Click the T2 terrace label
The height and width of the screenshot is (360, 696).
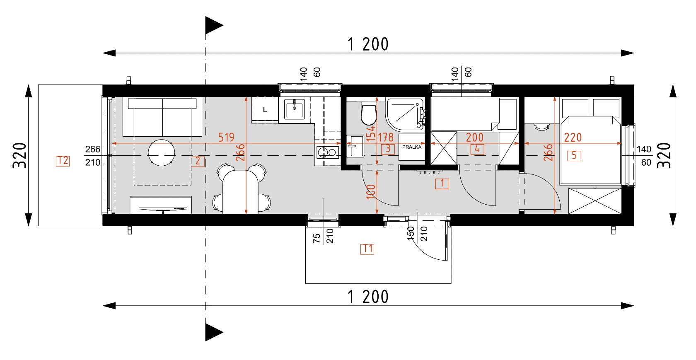(63, 161)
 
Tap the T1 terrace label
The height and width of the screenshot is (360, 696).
(367, 249)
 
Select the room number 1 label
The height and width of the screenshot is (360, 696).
(442, 184)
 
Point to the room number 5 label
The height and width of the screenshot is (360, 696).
(574, 155)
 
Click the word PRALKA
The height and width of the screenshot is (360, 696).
(412, 147)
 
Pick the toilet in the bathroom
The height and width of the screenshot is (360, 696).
(369, 115)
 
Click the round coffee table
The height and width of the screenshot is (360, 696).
(161, 152)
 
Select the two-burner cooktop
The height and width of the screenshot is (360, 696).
(327, 152)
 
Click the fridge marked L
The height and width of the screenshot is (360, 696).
(265, 110)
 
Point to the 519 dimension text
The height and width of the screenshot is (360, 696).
(226, 137)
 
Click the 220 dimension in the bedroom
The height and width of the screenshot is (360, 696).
(573, 137)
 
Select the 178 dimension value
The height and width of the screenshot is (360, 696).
(386, 137)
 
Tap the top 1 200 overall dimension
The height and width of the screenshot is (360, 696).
(368, 44)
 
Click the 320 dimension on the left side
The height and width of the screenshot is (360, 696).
(19, 155)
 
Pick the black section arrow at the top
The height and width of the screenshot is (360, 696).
(214, 25)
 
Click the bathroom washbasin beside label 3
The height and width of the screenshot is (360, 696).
(355, 146)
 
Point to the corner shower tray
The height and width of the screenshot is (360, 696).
(405, 114)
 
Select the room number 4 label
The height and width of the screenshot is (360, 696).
(477, 149)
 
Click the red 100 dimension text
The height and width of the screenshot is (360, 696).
(371, 192)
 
